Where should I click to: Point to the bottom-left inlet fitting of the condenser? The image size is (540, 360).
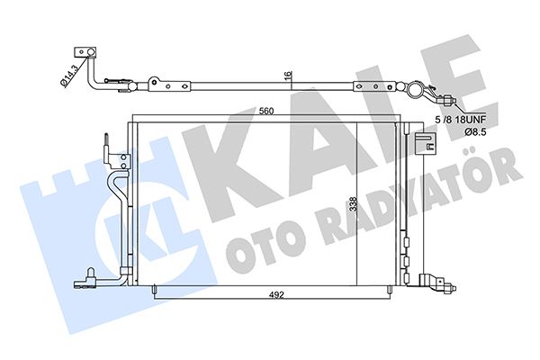[90, 277]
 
